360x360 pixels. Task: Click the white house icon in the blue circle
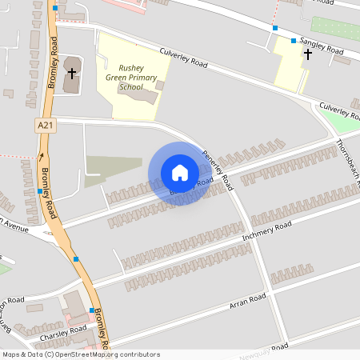pos(180,173)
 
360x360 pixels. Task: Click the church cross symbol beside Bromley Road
pos(71,74)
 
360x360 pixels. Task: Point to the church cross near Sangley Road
pos(308,54)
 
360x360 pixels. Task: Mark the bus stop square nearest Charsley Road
pos(92,310)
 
